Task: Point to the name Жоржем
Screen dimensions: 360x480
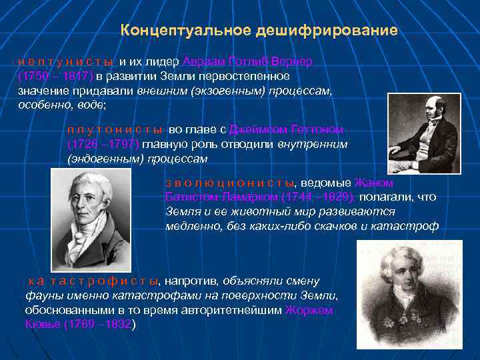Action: pos(309,310)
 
